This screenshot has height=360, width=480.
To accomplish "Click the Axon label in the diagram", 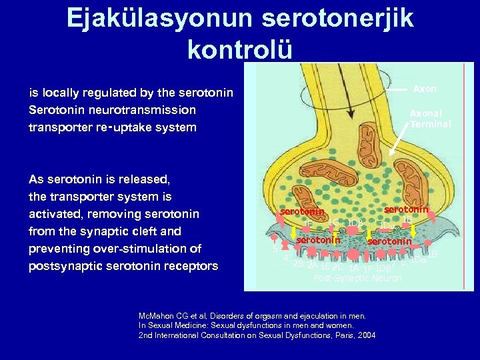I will (x=425, y=89).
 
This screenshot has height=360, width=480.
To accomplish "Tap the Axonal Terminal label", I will (x=430, y=119).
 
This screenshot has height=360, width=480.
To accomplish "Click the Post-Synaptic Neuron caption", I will (x=357, y=278).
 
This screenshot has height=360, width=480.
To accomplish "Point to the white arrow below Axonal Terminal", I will (x=403, y=143).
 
